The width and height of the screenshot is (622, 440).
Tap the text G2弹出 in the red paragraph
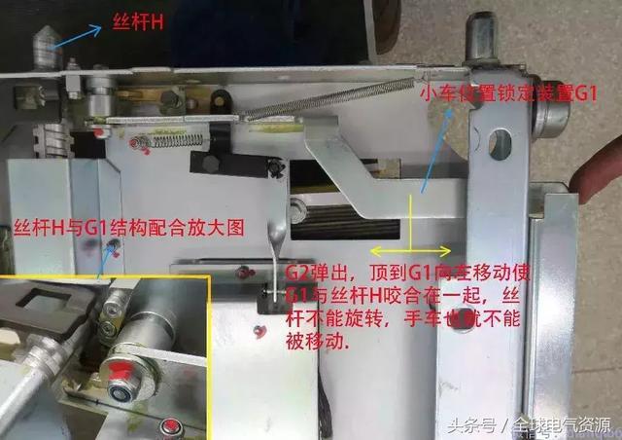315,273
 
